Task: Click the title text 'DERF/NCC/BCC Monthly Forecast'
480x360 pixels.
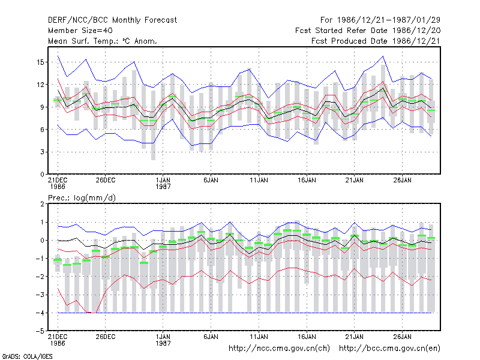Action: [112, 20]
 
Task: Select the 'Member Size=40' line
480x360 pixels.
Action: [80, 31]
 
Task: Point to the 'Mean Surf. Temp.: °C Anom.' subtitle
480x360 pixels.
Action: [103, 41]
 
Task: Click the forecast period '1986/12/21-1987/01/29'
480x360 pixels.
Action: [388, 20]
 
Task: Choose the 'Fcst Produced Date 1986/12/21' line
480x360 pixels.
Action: [376, 41]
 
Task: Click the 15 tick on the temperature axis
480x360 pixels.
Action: [40, 62]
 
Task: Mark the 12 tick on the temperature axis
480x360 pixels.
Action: [40, 85]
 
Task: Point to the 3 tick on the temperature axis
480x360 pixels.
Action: [42, 152]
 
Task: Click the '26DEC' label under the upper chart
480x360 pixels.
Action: [106, 180]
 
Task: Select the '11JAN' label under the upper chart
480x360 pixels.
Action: [259, 180]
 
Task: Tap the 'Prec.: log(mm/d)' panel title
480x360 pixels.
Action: [82, 198]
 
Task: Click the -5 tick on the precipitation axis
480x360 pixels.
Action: [40, 331]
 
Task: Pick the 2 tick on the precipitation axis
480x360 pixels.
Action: [42, 204]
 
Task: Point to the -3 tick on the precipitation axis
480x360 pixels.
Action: [40, 295]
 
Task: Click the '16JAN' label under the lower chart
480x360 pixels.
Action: [307, 337]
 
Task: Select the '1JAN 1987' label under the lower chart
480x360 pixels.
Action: [163, 340]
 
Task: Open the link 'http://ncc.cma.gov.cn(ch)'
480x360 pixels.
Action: [279, 349]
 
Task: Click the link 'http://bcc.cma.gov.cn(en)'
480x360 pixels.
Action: [389, 349]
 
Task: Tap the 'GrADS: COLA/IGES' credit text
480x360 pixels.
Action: [27, 356]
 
